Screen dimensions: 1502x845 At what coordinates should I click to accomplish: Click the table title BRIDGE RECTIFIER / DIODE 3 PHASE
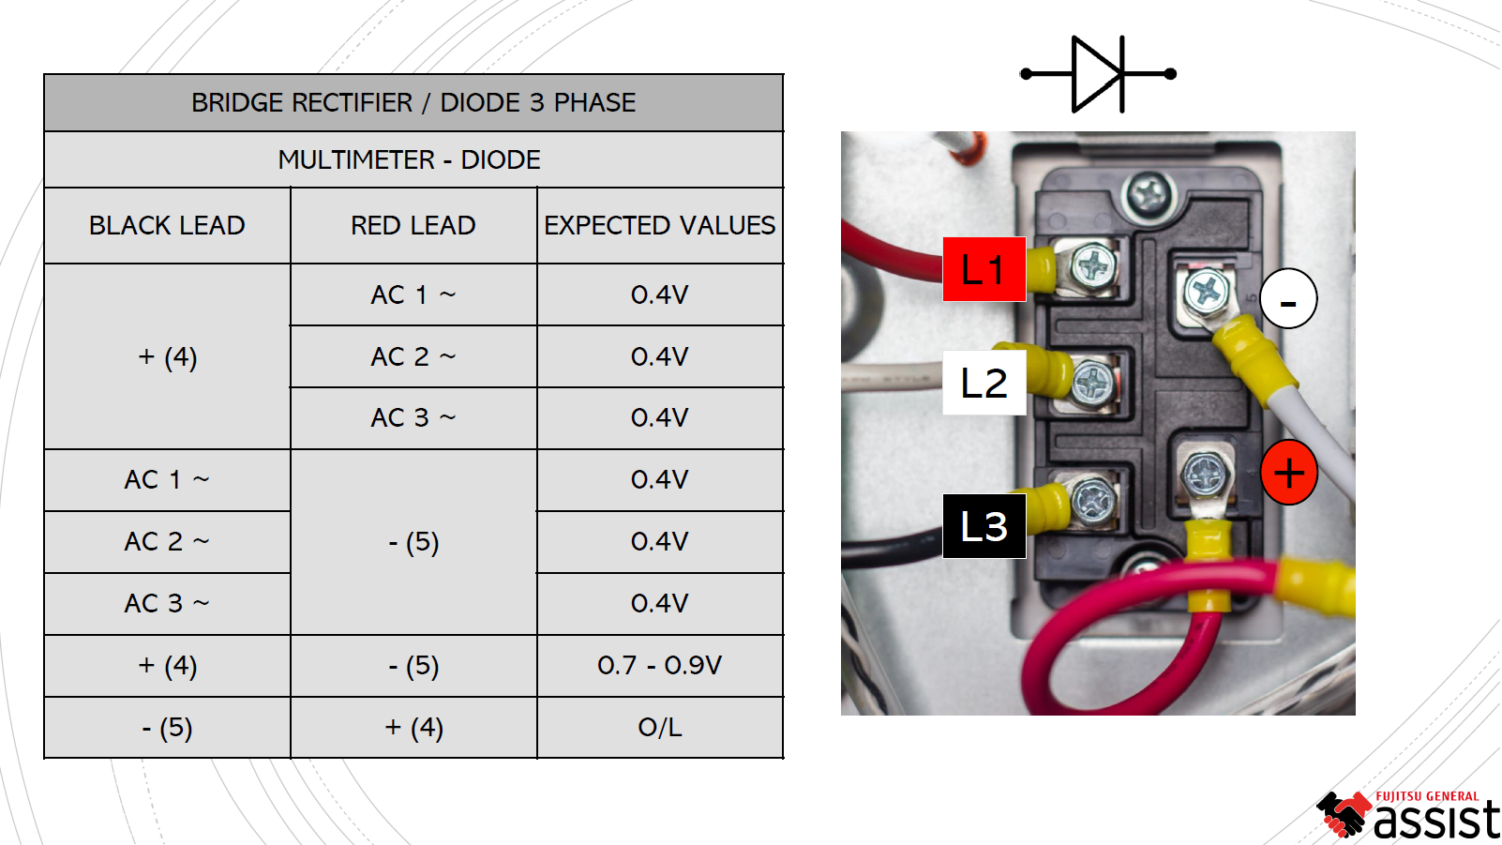413,102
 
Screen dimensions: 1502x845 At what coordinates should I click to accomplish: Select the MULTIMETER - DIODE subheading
410,159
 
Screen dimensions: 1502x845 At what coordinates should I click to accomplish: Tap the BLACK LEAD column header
167,225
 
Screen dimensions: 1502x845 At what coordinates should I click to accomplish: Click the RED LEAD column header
413,225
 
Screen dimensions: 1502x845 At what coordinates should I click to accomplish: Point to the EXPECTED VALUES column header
659,225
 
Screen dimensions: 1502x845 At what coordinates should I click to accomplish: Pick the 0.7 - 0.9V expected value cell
659,665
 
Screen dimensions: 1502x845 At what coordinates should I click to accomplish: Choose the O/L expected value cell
659,727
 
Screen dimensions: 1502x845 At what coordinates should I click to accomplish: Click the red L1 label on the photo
984,269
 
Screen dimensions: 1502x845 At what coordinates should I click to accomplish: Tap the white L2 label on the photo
984,383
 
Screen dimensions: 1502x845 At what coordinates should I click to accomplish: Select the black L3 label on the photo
984,526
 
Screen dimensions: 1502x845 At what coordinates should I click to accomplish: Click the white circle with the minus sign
1288,299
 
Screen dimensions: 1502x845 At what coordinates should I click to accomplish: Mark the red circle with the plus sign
1289,473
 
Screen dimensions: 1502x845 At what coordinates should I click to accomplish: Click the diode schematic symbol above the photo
1098,74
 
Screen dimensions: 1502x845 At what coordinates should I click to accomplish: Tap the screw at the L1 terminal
1091,266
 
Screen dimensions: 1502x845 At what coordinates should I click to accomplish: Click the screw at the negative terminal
1206,290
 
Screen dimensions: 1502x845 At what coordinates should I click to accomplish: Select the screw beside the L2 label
1092,382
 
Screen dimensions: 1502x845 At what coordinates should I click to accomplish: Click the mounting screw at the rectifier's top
1148,194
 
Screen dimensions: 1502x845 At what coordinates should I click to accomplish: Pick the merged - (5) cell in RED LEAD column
413,542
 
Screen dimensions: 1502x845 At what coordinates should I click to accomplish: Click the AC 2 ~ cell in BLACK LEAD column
167,542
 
